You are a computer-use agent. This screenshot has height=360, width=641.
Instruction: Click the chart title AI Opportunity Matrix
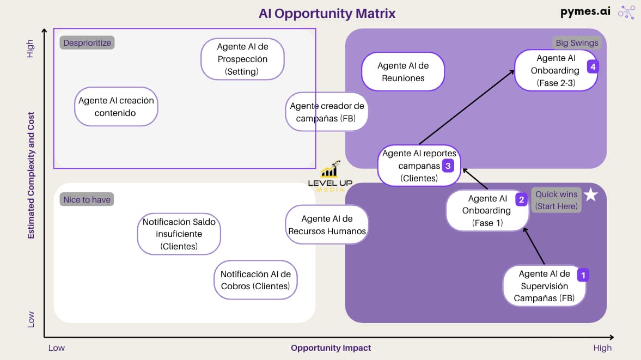click(327, 13)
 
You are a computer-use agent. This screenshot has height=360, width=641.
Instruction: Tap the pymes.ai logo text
click(585, 12)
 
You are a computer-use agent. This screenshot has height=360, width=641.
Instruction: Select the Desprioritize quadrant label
click(87, 42)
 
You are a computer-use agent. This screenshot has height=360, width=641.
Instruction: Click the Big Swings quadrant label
click(577, 42)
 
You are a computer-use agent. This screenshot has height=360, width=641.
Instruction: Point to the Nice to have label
click(87, 199)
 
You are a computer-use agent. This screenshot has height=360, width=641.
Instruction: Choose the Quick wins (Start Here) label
click(556, 200)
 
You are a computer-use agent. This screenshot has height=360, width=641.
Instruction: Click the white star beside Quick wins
click(591, 194)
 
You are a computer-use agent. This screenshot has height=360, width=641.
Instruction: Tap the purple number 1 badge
click(583, 275)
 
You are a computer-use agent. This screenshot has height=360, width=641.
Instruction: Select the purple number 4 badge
click(593, 66)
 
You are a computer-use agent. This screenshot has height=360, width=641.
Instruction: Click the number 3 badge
click(448, 166)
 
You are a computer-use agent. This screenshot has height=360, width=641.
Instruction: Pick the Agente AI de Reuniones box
click(403, 72)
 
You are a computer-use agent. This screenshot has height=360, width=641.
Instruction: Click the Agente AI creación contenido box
click(116, 107)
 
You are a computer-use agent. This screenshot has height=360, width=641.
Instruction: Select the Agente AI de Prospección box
click(242, 59)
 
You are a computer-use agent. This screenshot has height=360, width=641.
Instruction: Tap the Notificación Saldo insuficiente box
click(179, 234)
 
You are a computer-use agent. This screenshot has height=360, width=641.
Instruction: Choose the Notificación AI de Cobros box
click(255, 280)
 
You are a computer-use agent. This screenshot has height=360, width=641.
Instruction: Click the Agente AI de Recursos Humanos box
click(327, 224)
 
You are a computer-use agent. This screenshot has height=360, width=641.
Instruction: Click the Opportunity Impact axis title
click(331, 347)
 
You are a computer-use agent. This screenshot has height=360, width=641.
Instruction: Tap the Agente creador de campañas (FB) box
click(327, 112)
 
